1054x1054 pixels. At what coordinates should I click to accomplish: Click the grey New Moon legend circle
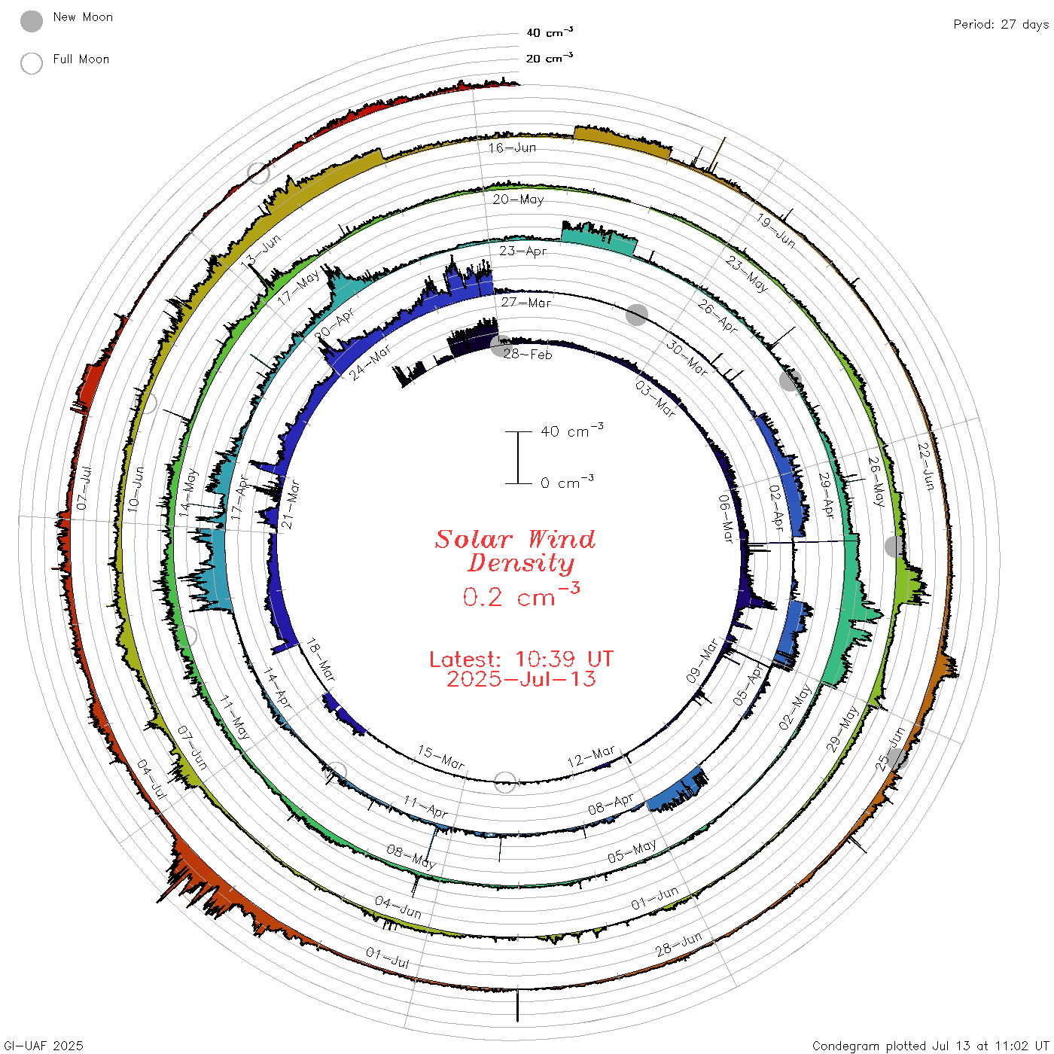[x=32, y=21]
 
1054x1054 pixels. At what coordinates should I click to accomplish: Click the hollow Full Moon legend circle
[x=32, y=63]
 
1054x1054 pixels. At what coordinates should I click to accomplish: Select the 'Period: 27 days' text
[x=1001, y=25]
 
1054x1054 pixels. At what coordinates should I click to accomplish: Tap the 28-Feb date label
[x=528, y=355]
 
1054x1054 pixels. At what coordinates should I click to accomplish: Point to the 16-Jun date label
[x=512, y=148]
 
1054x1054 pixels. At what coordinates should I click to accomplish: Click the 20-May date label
[x=518, y=200]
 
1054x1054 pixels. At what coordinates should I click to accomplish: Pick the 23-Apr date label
[x=523, y=251]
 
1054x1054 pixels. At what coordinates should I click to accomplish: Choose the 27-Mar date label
[x=526, y=303]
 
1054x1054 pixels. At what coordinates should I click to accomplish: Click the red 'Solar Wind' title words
[x=515, y=539]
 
